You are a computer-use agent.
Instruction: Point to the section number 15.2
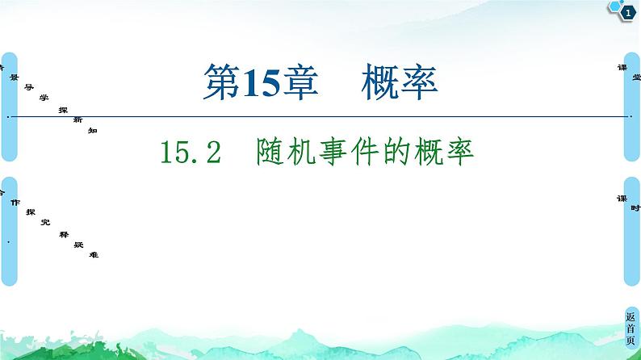point(191,152)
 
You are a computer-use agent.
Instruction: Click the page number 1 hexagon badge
point(626,11)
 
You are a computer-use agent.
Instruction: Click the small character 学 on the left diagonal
point(44,96)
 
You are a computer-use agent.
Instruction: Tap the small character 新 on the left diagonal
point(78,119)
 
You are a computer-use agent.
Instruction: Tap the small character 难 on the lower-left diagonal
point(94,254)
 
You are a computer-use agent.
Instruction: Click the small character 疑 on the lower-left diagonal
point(78,243)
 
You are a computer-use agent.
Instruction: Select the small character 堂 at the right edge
point(636,77)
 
